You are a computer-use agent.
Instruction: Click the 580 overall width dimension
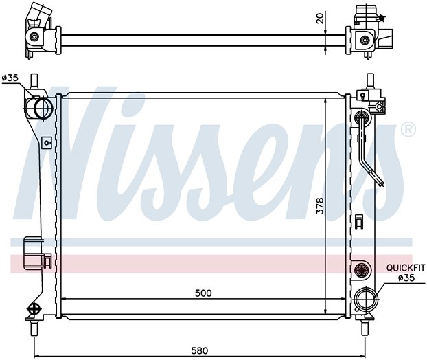pyautogui.click(x=200, y=350)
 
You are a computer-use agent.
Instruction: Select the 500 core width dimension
pyautogui.click(x=203, y=293)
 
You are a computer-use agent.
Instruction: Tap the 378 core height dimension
pyautogui.click(x=320, y=206)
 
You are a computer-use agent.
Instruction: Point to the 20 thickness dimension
pyautogui.click(x=321, y=19)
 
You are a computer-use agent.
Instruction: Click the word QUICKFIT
pyautogui.click(x=406, y=268)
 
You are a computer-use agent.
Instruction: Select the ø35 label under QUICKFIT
pyautogui.click(x=406, y=278)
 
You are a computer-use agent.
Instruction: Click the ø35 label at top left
pyautogui.click(x=10, y=78)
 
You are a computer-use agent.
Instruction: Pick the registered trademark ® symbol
pyautogui.click(x=408, y=130)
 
